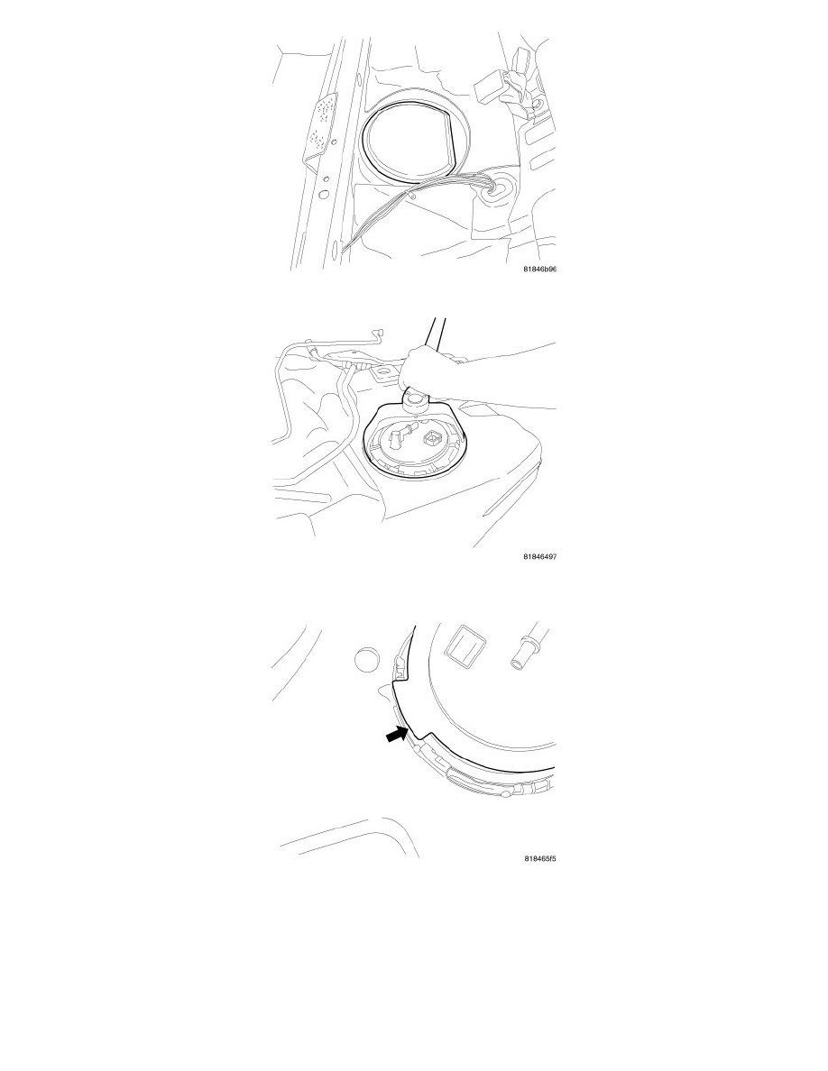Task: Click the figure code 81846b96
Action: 539,270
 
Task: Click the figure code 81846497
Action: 539,556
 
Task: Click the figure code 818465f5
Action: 539,858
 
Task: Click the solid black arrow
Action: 398,735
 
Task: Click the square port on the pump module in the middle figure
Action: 433,437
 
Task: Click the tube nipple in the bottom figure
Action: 523,650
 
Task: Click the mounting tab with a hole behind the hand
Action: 385,372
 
